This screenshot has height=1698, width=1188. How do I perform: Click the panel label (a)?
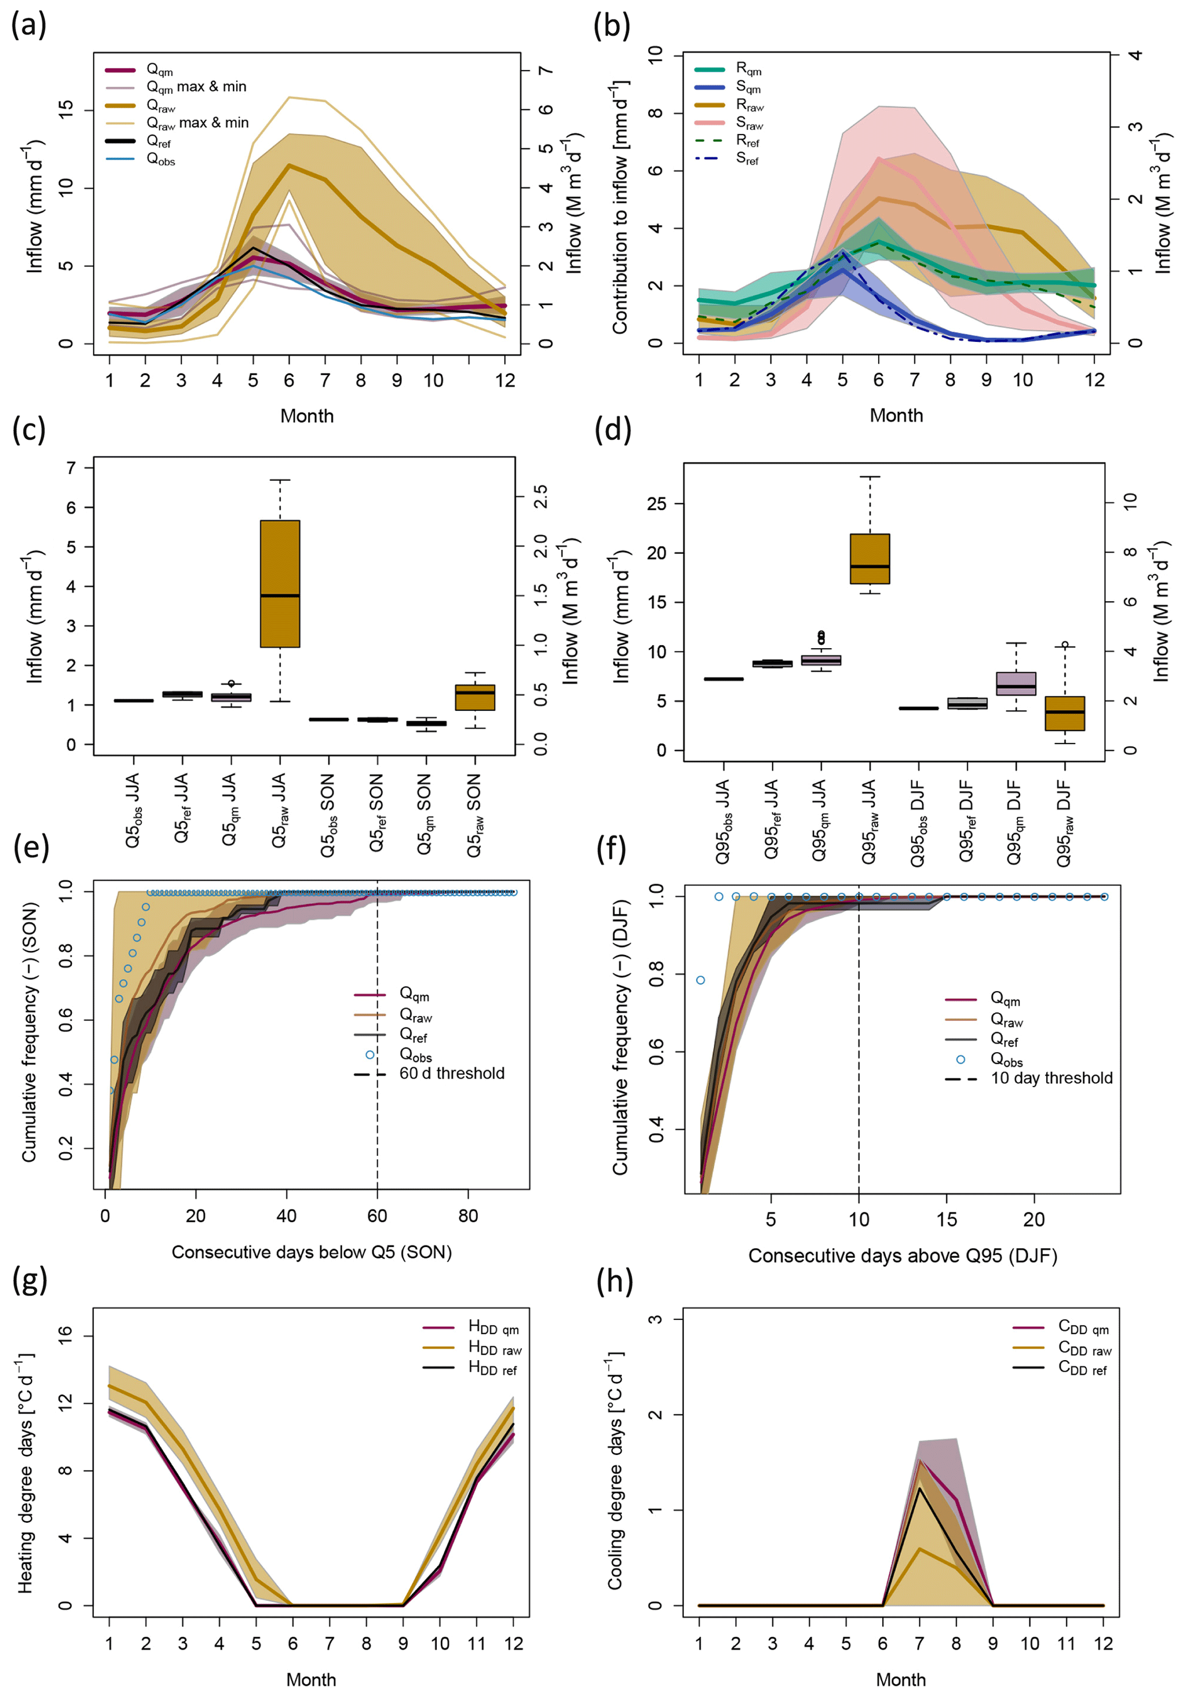[29, 25]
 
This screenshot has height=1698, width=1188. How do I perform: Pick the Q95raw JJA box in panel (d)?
[870, 559]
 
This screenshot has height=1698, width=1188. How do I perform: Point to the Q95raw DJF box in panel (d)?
[1064, 713]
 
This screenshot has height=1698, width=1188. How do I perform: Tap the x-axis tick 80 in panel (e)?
[467, 1216]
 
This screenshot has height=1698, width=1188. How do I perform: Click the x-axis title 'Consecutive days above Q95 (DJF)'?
[902, 1256]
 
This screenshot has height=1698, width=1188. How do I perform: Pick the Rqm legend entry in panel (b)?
[748, 70]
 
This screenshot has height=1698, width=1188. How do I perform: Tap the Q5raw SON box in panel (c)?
[475, 698]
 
